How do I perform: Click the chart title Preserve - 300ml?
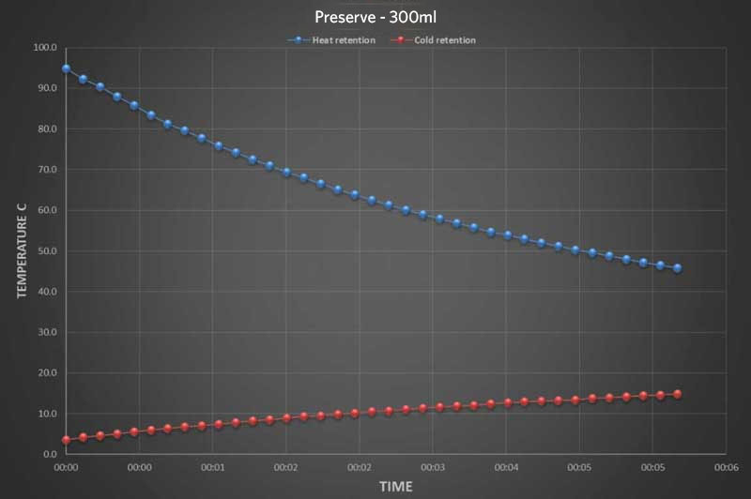pos(375,17)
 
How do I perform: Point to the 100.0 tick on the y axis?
pos(45,47)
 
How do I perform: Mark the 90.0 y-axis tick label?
pos(45,88)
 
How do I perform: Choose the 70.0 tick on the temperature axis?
pos(45,170)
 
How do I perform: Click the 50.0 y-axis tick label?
pos(45,251)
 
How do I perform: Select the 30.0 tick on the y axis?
pos(45,332)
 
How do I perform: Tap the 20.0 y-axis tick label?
pos(45,373)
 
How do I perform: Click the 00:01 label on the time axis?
pos(212,466)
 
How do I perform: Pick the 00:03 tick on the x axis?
pos(432,466)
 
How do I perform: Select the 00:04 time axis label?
pos(505,466)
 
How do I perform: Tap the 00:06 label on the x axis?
pos(725,466)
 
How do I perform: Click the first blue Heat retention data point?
pos(66,68)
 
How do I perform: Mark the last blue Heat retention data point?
pos(677,268)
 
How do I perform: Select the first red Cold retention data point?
pos(66,440)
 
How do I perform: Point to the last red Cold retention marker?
pos(677,394)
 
